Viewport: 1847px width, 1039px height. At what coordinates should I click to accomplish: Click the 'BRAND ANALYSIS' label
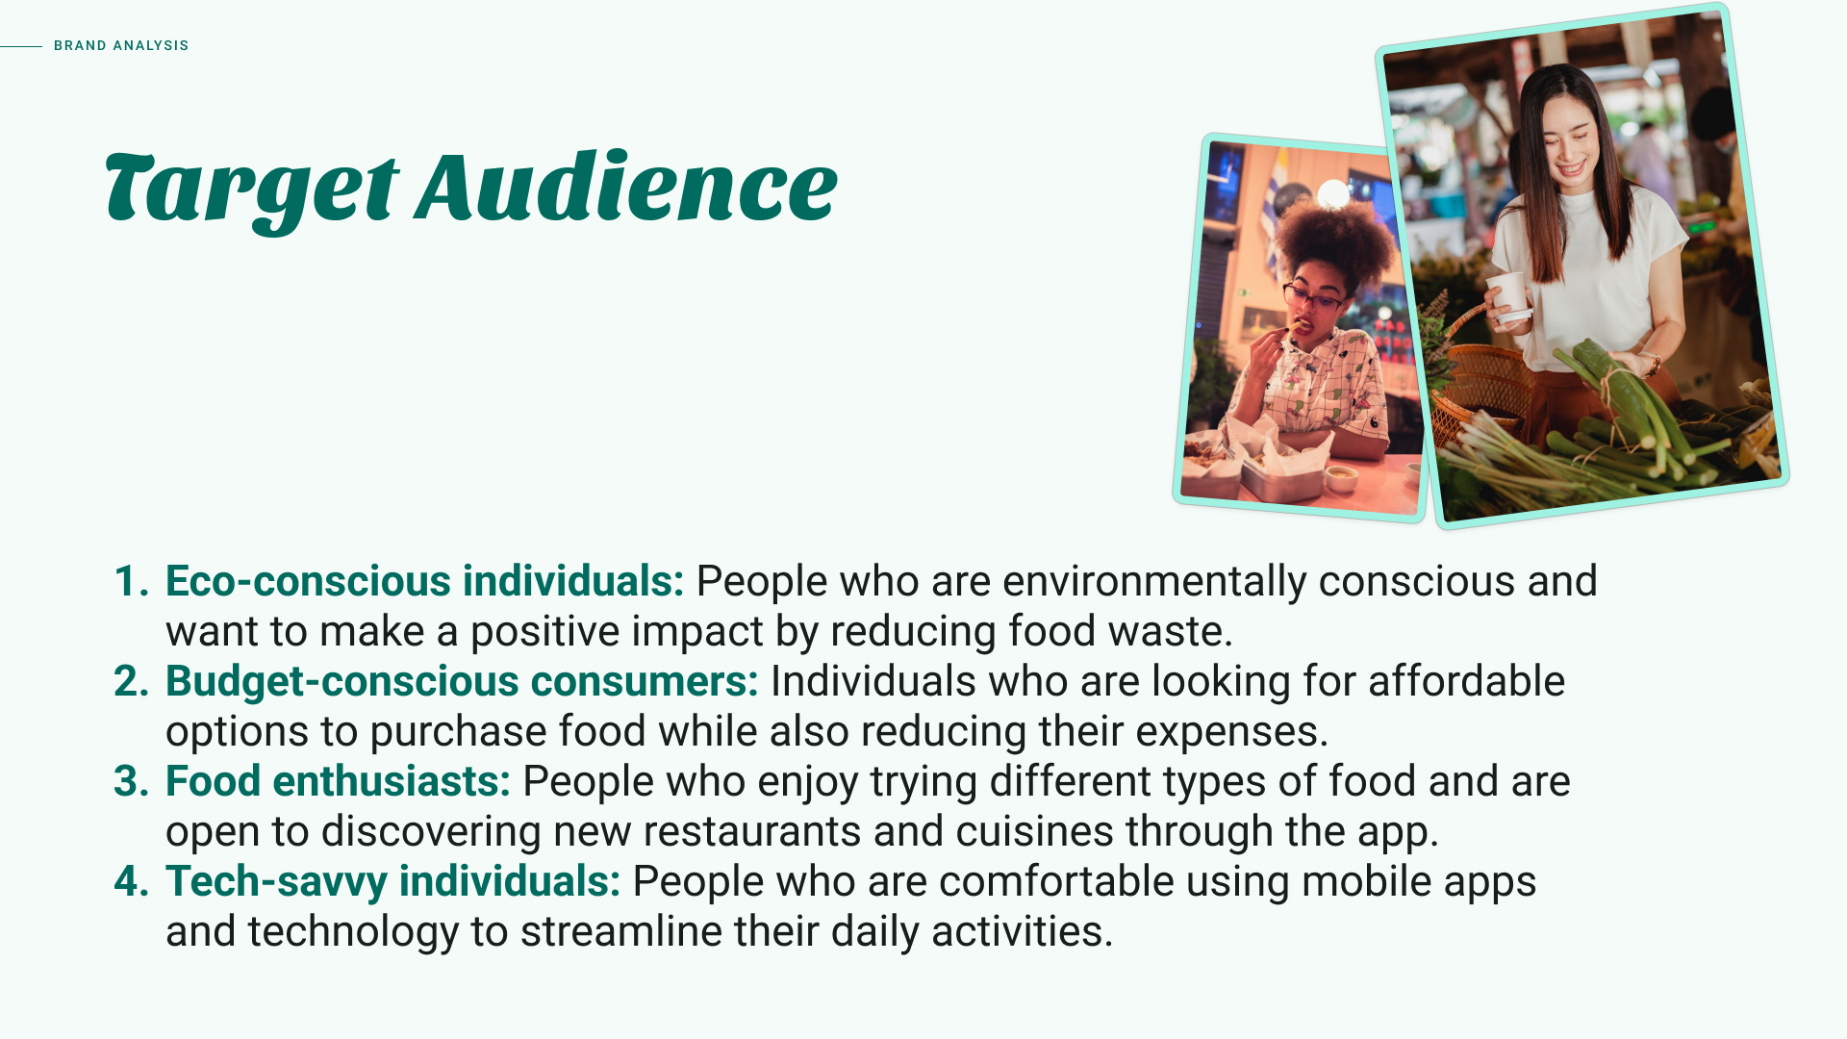tap(121, 45)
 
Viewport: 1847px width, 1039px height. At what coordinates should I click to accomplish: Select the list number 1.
tap(131, 581)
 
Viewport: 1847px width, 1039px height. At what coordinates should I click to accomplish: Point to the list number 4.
tap(131, 881)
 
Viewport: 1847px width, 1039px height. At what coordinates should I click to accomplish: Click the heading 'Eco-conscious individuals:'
tap(424, 581)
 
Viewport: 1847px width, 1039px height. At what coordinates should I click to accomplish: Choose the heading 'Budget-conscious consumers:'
tap(462, 681)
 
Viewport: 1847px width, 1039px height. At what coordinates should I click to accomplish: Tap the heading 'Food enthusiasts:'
tap(338, 781)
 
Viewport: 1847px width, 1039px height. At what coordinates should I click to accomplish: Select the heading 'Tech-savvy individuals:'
tap(392, 882)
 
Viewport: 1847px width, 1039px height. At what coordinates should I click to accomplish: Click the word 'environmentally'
tap(1154, 582)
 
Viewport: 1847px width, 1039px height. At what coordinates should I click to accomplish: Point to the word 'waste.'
tap(1170, 632)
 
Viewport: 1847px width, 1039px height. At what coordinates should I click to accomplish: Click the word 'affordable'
tap(1466, 681)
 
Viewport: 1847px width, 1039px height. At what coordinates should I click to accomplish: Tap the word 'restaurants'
tap(751, 831)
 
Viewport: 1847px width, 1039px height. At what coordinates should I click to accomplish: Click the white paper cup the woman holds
tap(1508, 295)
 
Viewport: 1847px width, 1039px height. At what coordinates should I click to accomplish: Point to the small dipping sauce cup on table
tap(1340, 476)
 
